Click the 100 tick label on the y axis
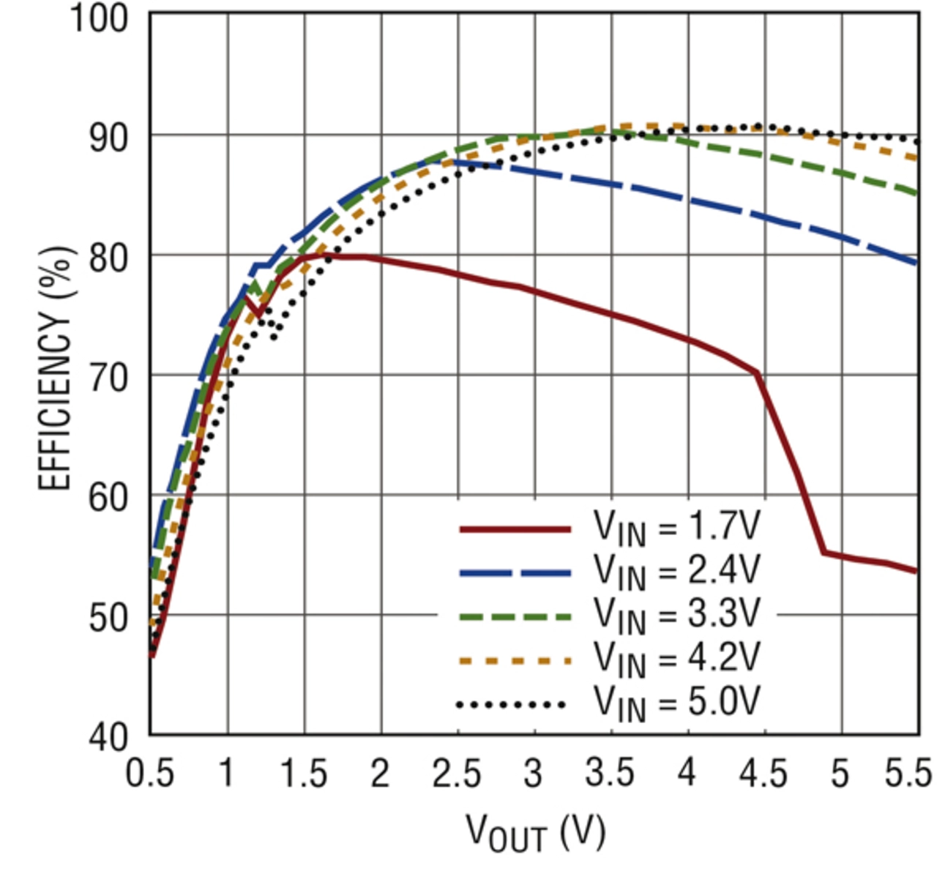(x=99, y=18)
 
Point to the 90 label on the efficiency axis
(x=109, y=138)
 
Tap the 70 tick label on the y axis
(x=109, y=378)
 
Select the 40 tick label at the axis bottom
(x=109, y=736)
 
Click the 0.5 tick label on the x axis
(x=150, y=774)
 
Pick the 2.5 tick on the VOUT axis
(x=457, y=774)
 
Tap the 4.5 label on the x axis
(x=764, y=774)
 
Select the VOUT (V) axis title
(x=536, y=833)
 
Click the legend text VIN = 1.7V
(x=677, y=528)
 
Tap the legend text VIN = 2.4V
(x=677, y=572)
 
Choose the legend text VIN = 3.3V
(x=677, y=616)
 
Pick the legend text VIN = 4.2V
(x=677, y=659)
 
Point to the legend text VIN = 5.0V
(x=677, y=703)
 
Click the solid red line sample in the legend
(x=515, y=528)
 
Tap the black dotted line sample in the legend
(x=511, y=705)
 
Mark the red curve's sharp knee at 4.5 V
(x=758, y=373)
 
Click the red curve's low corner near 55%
(x=824, y=552)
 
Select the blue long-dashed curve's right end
(x=916, y=263)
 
